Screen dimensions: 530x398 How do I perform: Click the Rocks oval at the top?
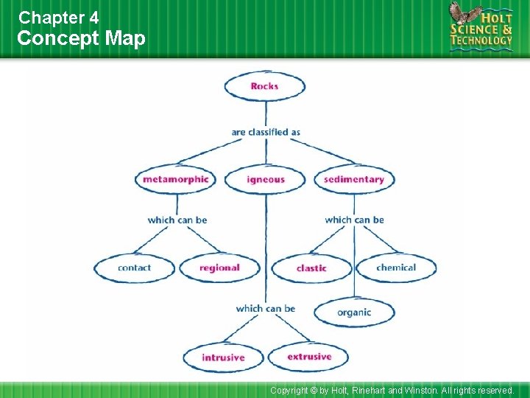[264, 86]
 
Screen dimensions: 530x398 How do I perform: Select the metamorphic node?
[175, 179]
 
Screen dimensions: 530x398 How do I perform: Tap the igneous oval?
[265, 179]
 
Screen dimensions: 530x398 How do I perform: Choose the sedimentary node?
[354, 179]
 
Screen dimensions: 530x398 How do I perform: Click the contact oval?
[134, 268]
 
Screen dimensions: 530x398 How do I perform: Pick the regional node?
[219, 268]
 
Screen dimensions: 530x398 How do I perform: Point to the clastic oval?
[311, 268]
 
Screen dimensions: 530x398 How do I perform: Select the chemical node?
[396, 268]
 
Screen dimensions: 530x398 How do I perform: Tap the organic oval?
[354, 313]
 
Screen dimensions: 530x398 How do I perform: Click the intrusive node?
[223, 357]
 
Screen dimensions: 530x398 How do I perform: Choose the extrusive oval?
[309, 357]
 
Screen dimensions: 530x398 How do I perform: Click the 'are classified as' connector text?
[266, 133]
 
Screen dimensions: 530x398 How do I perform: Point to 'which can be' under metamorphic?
[177, 220]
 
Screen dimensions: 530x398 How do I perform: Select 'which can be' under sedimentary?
[354, 220]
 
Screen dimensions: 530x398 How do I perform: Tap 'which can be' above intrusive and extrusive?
[266, 308]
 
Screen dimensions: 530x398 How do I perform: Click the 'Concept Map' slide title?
[81, 38]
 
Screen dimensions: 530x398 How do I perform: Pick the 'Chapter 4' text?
[58, 16]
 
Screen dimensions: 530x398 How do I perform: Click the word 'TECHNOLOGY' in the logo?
[482, 41]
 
